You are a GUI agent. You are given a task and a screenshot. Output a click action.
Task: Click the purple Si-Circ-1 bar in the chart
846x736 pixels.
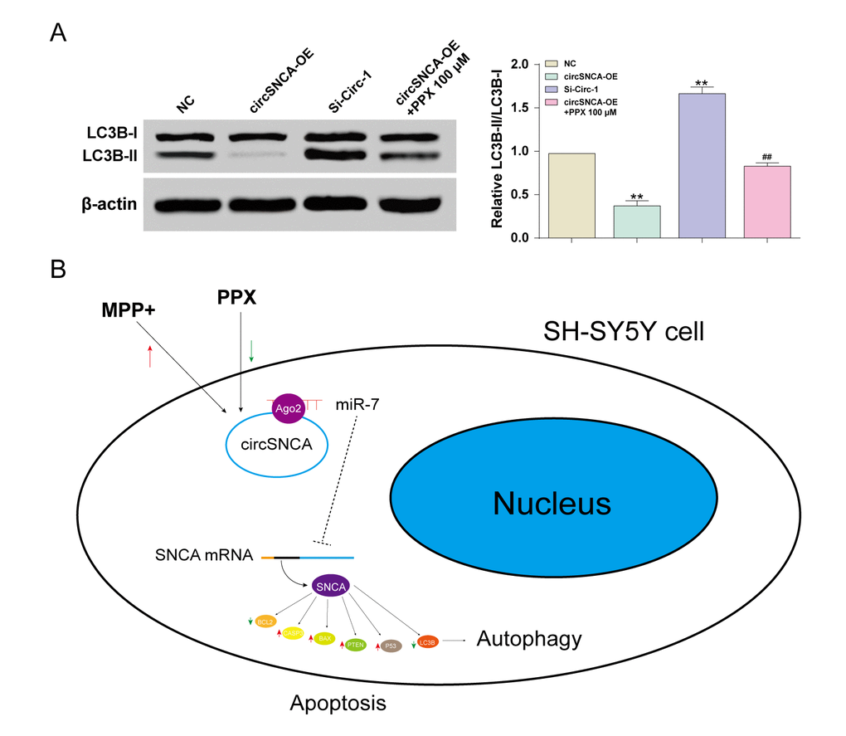click(x=702, y=166)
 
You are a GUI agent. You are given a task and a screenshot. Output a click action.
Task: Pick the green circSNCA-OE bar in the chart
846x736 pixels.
click(x=637, y=222)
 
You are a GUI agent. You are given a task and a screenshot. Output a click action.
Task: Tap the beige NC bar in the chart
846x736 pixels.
click(x=571, y=196)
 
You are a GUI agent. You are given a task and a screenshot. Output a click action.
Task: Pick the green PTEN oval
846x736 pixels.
click(x=356, y=643)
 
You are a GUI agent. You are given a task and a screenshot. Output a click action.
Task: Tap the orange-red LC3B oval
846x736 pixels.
click(x=427, y=641)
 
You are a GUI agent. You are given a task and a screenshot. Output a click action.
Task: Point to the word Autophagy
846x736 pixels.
click(x=529, y=639)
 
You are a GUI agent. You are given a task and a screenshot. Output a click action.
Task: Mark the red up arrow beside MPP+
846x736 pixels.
click(x=149, y=357)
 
